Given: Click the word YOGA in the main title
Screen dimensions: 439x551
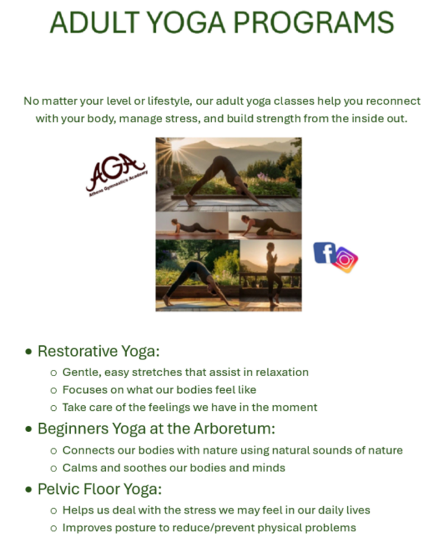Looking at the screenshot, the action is [185, 22].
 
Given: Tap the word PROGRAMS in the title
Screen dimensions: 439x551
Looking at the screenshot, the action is [314, 22].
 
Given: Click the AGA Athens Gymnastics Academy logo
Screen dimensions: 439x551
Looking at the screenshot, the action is [116, 175].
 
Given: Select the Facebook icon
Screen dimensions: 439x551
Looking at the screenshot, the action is [324, 253].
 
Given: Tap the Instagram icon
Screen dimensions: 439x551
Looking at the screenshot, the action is [344, 260].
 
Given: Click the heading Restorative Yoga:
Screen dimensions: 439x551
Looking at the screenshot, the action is [99, 351].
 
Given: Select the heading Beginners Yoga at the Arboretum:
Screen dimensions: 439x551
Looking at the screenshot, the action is [156, 429].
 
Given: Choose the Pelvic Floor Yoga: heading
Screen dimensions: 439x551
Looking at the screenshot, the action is [100, 489].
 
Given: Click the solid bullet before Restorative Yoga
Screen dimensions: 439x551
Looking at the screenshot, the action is [29, 352].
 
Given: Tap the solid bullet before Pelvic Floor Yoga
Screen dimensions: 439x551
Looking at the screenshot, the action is [29, 489].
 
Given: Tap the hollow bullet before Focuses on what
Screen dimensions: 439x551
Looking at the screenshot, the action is [53, 391].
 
